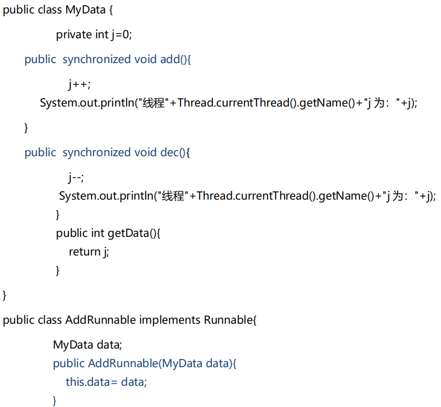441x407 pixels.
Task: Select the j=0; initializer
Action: (x=121, y=35)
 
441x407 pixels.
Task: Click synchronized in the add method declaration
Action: (x=97, y=59)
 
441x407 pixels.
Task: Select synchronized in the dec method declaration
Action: (x=97, y=153)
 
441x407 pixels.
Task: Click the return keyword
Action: (x=84, y=252)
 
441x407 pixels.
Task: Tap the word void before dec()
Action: (x=145, y=153)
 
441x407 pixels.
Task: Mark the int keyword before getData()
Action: (x=98, y=233)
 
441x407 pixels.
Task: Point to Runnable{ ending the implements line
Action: (x=230, y=320)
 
